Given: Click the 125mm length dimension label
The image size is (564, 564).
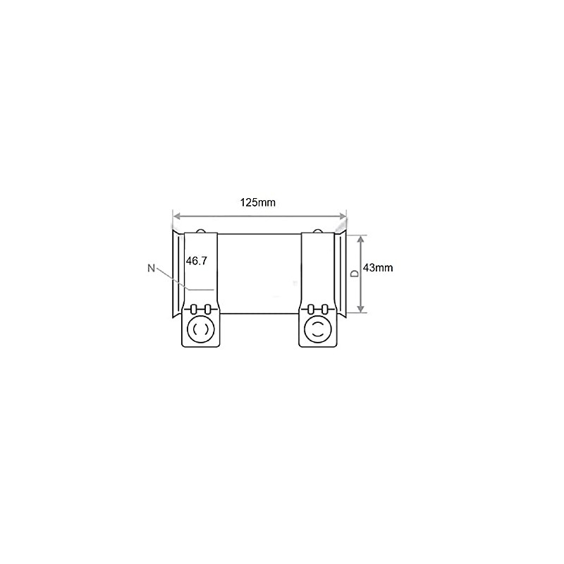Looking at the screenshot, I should (257, 202).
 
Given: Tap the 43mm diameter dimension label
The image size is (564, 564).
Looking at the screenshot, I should (377, 267).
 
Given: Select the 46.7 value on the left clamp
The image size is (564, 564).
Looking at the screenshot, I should (196, 260).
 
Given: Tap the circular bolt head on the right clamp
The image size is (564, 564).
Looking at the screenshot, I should (318, 328).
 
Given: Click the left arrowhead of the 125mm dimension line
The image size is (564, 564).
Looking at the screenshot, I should (176, 216).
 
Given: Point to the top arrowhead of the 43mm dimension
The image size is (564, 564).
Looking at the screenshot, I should (361, 238).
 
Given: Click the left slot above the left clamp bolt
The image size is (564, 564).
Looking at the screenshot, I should (195, 308).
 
